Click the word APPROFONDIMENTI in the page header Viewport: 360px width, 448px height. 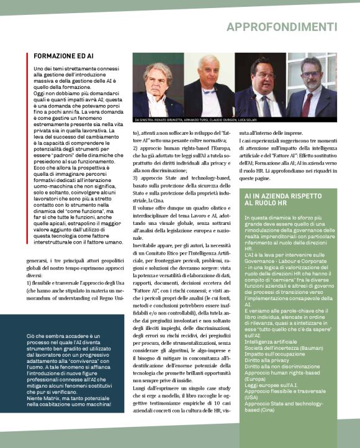[282, 27]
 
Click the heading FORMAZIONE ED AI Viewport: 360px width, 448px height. [63, 56]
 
